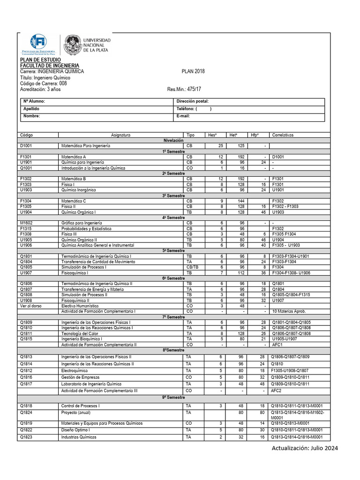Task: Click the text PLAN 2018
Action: coord(193,71)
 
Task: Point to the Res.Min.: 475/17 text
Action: coord(184,89)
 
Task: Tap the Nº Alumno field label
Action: coord(34,101)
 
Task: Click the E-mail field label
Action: coord(183,116)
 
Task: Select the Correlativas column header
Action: coord(282,135)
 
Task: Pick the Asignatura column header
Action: coord(121,135)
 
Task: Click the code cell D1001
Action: coord(26,146)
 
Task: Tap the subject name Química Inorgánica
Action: coord(78,190)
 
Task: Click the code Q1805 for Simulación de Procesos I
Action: coord(26,267)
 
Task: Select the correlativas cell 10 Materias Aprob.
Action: coord(289,311)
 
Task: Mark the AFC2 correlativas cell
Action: coord(277,390)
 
